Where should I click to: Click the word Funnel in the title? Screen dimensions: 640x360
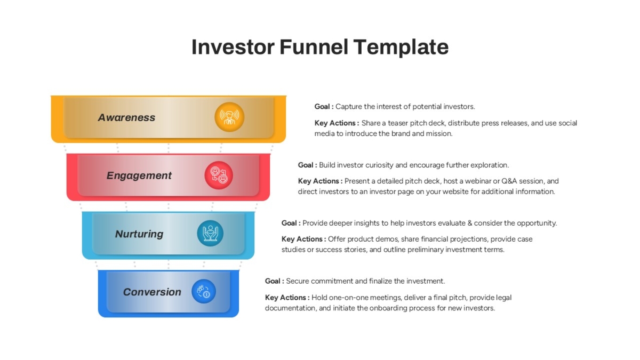tap(314, 47)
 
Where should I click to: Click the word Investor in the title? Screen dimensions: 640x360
tap(233, 47)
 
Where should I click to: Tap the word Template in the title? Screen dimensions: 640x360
tap(401, 47)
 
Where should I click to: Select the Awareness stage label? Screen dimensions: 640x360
tap(126, 117)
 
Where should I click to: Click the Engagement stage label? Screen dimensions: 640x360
tap(139, 175)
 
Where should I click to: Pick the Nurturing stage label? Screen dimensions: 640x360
tap(139, 234)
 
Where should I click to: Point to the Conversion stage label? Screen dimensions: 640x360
tap(153, 292)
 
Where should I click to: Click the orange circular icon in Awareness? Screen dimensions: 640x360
tap(229, 117)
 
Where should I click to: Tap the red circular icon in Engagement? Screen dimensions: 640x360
tap(219, 175)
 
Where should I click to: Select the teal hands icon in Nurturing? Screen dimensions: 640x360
tap(210, 233)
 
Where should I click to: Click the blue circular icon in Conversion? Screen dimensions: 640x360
tap(204, 291)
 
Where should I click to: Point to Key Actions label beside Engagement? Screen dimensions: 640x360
tap(320, 181)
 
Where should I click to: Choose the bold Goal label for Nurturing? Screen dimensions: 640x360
tap(291, 223)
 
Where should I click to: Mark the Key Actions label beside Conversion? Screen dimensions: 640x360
tap(287, 298)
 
